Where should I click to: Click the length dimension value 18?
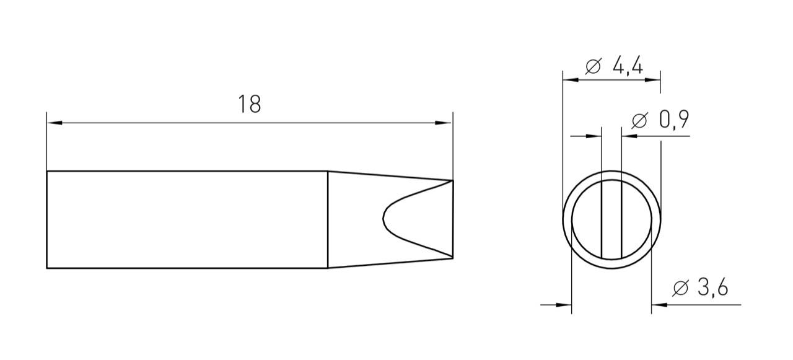pyautogui.click(x=250, y=104)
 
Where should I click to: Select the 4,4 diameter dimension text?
pyautogui.click(x=628, y=66)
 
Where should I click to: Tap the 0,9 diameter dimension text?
pyautogui.click(x=674, y=120)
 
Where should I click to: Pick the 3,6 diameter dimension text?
pyautogui.click(x=711, y=288)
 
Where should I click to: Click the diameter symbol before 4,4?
pyautogui.click(x=593, y=66)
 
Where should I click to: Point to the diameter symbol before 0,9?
pyautogui.click(x=639, y=121)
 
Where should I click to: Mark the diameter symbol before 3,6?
pyautogui.click(x=680, y=289)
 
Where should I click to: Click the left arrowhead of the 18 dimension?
pyautogui.click(x=55, y=123)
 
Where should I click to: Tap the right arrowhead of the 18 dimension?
pyautogui.click(x=445, y=123)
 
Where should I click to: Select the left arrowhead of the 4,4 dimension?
pyautogui.click(x=570, y=80)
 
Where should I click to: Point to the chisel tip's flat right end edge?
pyautogui.click(x=453, y=219)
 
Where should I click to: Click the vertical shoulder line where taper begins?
pyautogui.click(x=328, y=219)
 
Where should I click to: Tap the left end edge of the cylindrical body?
pyautogui.click(x=47, y=219)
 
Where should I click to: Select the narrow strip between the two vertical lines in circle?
pyautogui.click(x=611, y=219)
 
